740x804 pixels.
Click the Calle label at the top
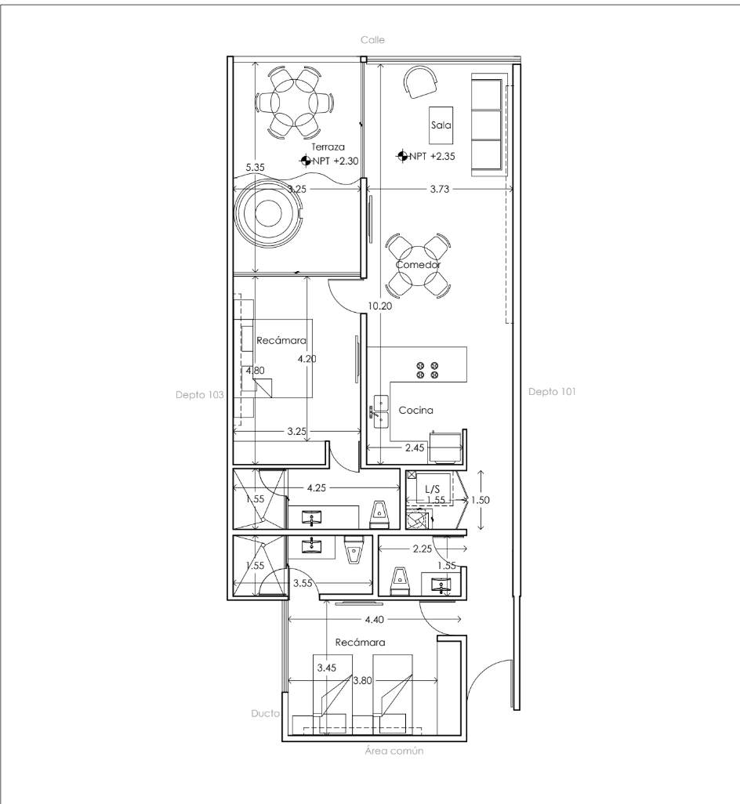[372, 40]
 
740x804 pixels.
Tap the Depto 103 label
[199, 395]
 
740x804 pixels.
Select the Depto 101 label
[553, 392]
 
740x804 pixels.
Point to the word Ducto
[265, 713]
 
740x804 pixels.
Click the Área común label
[394, 751]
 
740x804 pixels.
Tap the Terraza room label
[328, 147]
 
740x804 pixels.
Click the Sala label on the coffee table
[441, 125]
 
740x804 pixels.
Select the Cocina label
[416, 410]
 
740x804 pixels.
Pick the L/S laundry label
[432, 489]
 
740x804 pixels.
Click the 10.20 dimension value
[380, 306]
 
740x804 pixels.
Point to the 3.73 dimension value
[440, 189]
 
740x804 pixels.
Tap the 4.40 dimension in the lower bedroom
[375, 620]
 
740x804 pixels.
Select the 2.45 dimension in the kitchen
[415, 448]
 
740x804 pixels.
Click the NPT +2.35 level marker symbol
[402, 155]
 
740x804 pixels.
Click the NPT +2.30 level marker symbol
[306, 161]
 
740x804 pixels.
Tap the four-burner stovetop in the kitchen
[428, 370]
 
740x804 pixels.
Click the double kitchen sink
[380, 411]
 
